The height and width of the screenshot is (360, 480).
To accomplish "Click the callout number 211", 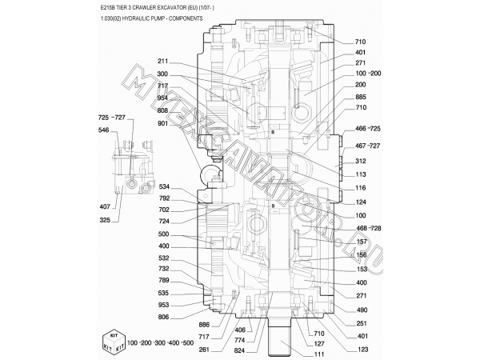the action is [x=162, y=62].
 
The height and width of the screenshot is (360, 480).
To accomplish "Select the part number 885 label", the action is [x=361, y=97].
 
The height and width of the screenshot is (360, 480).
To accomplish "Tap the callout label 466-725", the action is [x=368, y=129].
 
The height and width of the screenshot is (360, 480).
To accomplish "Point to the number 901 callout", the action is [x=162, y=123].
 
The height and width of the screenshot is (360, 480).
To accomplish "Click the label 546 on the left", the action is [x=103, y=130].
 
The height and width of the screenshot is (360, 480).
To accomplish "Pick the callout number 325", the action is [x=105, y=220].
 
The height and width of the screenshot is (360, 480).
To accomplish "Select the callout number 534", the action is [x=164, y=186].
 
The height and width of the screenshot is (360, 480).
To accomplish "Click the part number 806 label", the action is [x=163, y=317].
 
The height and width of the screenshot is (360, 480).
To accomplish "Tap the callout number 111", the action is [x=319, y=354].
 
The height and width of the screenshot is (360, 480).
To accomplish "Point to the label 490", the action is [x=362, y=310].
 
